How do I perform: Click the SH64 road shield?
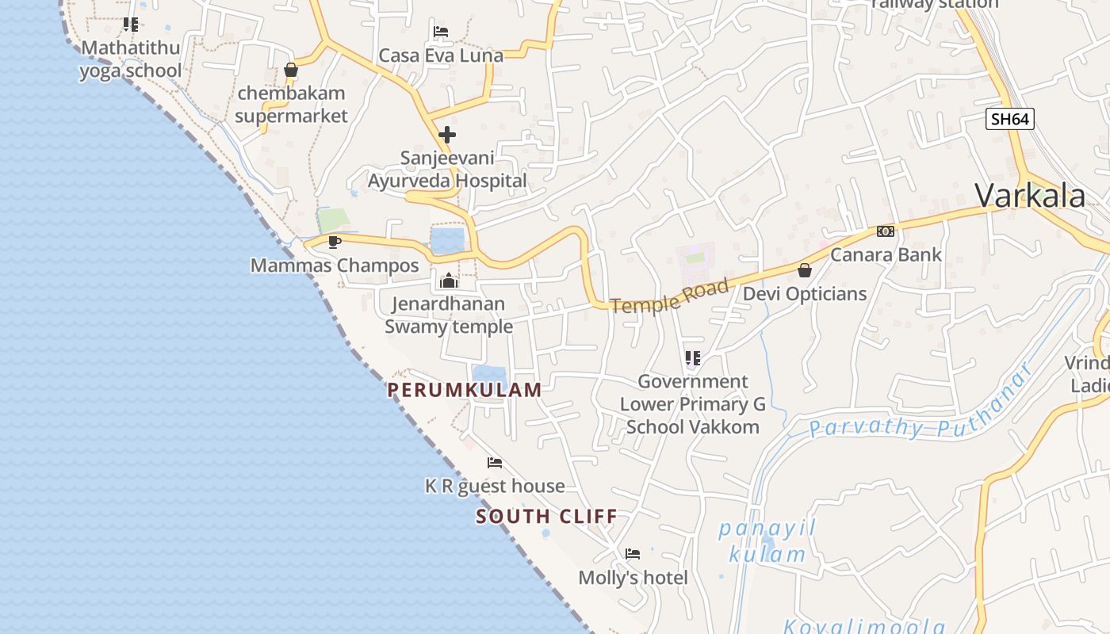(x=1010, y=119)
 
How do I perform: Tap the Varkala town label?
(x=1030, y=196)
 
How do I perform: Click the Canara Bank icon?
(x=886, y=231)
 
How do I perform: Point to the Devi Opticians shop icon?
(x=805, y=270)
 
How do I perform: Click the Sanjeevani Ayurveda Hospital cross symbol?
(x=447, y=135)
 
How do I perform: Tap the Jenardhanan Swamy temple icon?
(x=449, y=281)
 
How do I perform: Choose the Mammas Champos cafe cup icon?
(x=335, y=242)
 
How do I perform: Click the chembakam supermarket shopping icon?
(x=291, y=70)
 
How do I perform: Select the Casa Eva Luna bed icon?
(x=441, y=32)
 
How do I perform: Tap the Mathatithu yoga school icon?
(x=131, y=25)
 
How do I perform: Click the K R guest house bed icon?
(x=495, y=462)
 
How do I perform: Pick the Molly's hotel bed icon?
(x=633, y=553)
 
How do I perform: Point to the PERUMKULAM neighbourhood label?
(x=465, y=390)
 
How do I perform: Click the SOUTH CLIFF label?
(x=546, y=518)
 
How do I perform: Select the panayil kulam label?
(x=767, y=541)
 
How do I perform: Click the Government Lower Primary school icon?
(x=693, y=358)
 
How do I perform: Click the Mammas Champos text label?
(x=335, y=265)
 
